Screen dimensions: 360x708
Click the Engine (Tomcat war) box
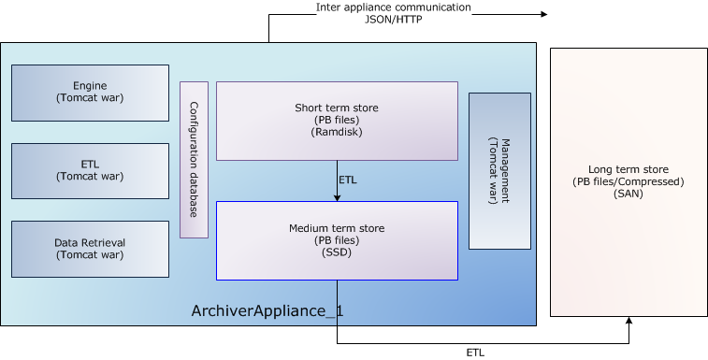pyautogui.click(x=90, y=92)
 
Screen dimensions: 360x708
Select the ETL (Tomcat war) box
pyautogui.click(x=90, y=170)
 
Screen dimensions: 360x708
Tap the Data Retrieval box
pyautogui.click(x=90, y=249)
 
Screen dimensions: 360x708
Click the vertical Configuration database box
pyautogui.click(x=194, y=160)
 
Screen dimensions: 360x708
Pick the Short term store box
pyautogui.click(x=337, y=121)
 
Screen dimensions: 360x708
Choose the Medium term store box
pyautogui.click(x=337, y=240)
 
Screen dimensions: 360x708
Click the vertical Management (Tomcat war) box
pyautogui.click(x=499, y=171)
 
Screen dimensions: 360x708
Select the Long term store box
pyautogui.click(x=629, y=182)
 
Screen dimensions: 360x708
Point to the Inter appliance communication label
pyautogui.click(x=393, y=7)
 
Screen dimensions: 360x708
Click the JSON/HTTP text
pyautogui.click(x=393, y=19)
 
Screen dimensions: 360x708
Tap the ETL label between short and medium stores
pyautogui.click(x=347, y=180)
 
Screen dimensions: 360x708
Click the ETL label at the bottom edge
pyautogui.click(x=475, y=353)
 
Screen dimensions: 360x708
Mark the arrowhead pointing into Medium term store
pyautogui.click(x=337, y=196)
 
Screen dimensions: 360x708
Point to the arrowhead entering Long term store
pyautogui.click(x=629, y=321)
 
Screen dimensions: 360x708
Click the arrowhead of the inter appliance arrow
pyautogui.click(x=542, y=14)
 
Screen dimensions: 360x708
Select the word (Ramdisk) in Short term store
pyautogui.click(x=337, y=133)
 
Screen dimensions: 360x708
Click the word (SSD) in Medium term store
pyautogui.click(x=337, y=252)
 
